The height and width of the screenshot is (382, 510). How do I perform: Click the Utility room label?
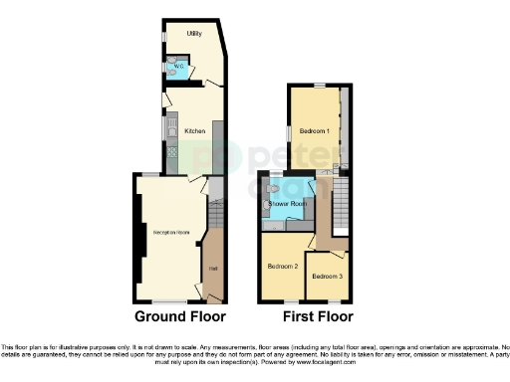tap(194, 34)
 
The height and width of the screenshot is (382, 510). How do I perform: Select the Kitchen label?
tap(194, 130)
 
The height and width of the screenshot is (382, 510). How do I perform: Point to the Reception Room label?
tap(170, 232)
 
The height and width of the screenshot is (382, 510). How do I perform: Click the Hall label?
tap(211, 269)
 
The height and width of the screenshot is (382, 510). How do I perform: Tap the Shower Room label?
tap(287, 202)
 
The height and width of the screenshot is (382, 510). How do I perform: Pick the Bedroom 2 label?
tap(283, 266)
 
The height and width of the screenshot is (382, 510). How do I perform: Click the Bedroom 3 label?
tap(327, 275)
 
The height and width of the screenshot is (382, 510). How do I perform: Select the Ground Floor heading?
tap(179, 316)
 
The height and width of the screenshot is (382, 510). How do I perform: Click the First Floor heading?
tap(307, 316)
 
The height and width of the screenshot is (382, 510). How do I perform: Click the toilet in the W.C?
tap(170, 73)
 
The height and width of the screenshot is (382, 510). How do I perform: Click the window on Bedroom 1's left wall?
tap(290, 132)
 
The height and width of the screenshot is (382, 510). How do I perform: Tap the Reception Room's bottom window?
tap(170, 301)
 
